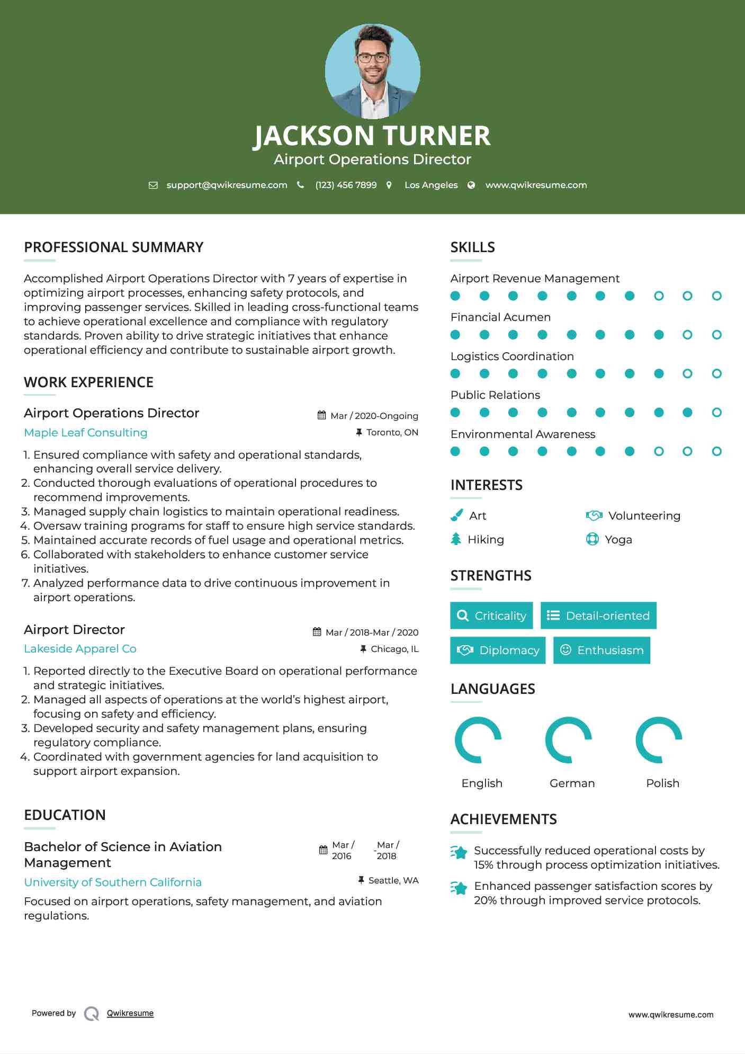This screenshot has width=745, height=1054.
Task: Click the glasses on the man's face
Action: point(373,58)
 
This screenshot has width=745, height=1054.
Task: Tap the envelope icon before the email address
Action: point(153,185)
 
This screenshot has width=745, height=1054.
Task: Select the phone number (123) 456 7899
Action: point(346,185)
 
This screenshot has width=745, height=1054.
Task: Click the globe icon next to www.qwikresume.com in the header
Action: point(471,185)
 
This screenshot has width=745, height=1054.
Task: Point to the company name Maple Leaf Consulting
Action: point(86,433)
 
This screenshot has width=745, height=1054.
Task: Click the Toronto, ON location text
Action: point(392,433)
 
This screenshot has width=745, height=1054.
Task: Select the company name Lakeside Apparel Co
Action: point(80,649)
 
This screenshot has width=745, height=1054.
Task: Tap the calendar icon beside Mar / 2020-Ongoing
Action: point(321,415)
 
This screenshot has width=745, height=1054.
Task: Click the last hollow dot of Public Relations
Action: point(716,413)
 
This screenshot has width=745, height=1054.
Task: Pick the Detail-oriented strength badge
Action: point(598,615)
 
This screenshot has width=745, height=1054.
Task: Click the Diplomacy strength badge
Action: point(498,650)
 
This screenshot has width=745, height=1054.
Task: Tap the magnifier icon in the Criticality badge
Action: point(463,615)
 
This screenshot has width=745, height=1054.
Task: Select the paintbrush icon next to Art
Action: point(456,515)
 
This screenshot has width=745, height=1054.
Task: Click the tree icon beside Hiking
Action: point(456,539)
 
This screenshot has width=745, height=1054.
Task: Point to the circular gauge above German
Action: point(569,740)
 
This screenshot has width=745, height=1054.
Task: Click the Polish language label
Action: point(662,783)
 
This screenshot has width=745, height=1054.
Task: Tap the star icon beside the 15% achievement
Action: point(459,852)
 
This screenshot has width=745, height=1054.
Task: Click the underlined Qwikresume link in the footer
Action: point(130,1013)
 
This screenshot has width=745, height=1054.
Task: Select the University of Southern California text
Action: point(113,882)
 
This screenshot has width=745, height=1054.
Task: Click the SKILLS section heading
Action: point(472,247)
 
